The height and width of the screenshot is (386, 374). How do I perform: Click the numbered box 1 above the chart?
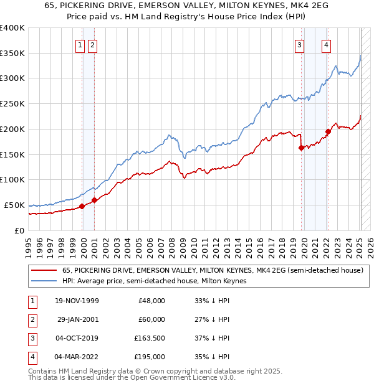tap(80, 44)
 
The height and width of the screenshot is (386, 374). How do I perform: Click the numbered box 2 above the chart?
tap(92, 44)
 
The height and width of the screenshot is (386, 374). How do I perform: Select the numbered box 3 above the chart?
tap(300, 44)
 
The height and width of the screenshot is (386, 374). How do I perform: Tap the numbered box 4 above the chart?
tap(326, 44)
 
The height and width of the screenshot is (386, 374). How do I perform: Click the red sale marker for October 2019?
tap(302, 148)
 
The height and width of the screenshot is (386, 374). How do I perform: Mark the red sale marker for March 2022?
tap(328, 131)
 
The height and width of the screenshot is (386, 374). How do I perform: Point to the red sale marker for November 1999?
tap(82, 206)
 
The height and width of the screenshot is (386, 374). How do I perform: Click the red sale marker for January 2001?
tap(95, 200)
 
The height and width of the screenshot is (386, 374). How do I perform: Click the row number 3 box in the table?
tap(31, 338)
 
